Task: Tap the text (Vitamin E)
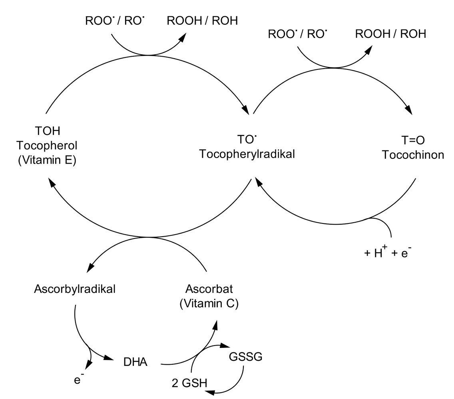(x=48, y=162)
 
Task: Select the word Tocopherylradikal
(x=247, y=154)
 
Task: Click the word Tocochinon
(x=412, y=155)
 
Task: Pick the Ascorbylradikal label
(x=74, y=289)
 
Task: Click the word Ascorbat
(x=209, y=289)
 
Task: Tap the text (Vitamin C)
(x=209, y=303)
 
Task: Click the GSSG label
(x=245, y=356)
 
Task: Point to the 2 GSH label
(x=189, y=383)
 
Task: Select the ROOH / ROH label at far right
(x=390, y=34)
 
